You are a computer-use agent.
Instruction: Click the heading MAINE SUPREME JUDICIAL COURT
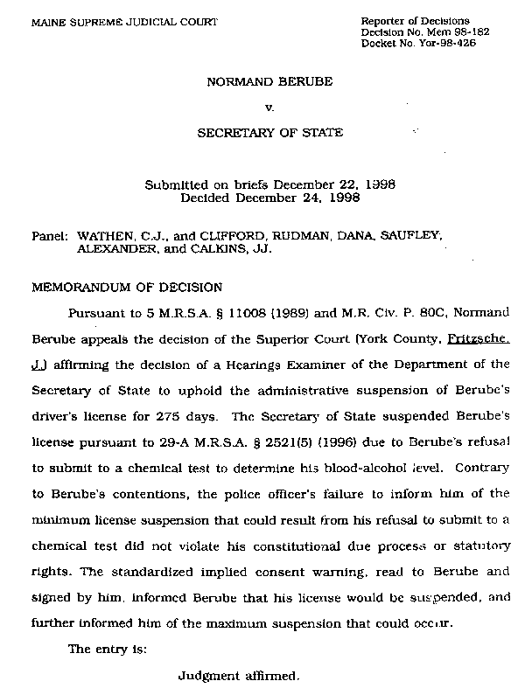(124, 20)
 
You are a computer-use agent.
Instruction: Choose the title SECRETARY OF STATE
(269, 134)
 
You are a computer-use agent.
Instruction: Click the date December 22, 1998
(333, 185)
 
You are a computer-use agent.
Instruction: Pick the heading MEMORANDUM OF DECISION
(128, 287)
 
